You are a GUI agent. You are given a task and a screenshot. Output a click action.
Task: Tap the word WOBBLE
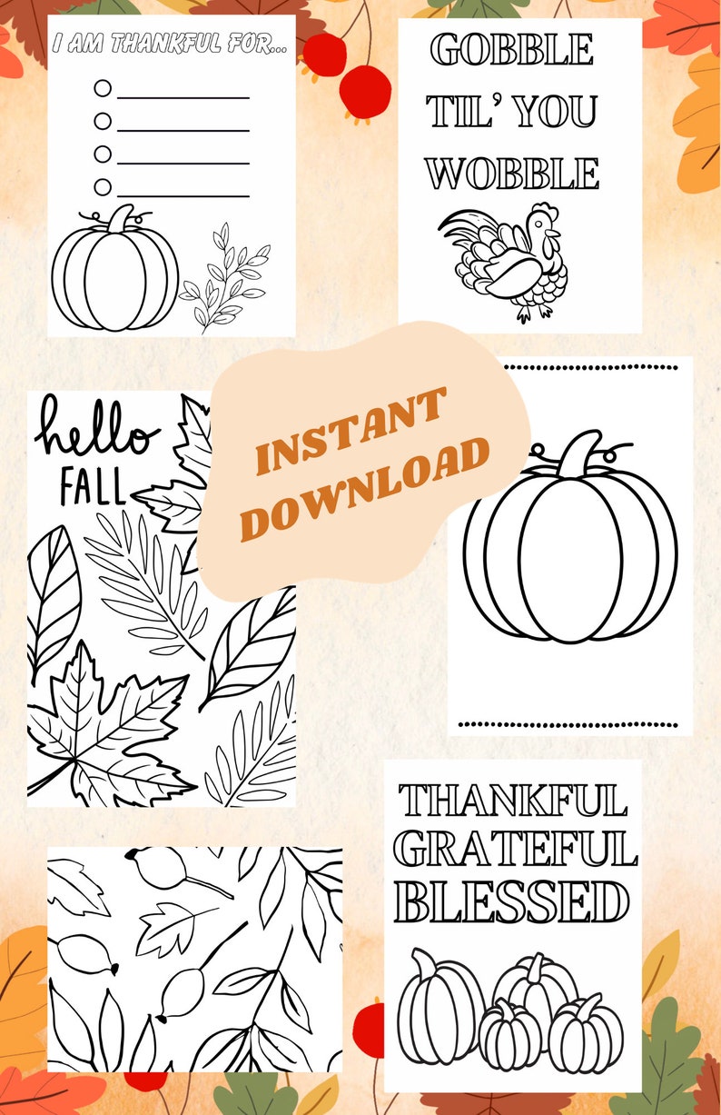point(513,173)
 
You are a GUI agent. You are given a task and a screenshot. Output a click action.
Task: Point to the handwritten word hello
point(96,432)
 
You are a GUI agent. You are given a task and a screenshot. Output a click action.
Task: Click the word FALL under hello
point(93,488)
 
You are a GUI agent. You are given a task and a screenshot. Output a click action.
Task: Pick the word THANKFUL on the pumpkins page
point(513,801)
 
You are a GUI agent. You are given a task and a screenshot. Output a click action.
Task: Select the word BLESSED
point(512,902)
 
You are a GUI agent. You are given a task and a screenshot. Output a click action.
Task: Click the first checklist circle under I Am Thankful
point(103,88)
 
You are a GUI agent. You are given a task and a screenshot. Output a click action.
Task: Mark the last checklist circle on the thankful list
point(103,187)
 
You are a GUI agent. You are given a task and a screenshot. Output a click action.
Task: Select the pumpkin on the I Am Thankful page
point(114,273)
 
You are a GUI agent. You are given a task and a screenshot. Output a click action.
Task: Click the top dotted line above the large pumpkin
point(569,367)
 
